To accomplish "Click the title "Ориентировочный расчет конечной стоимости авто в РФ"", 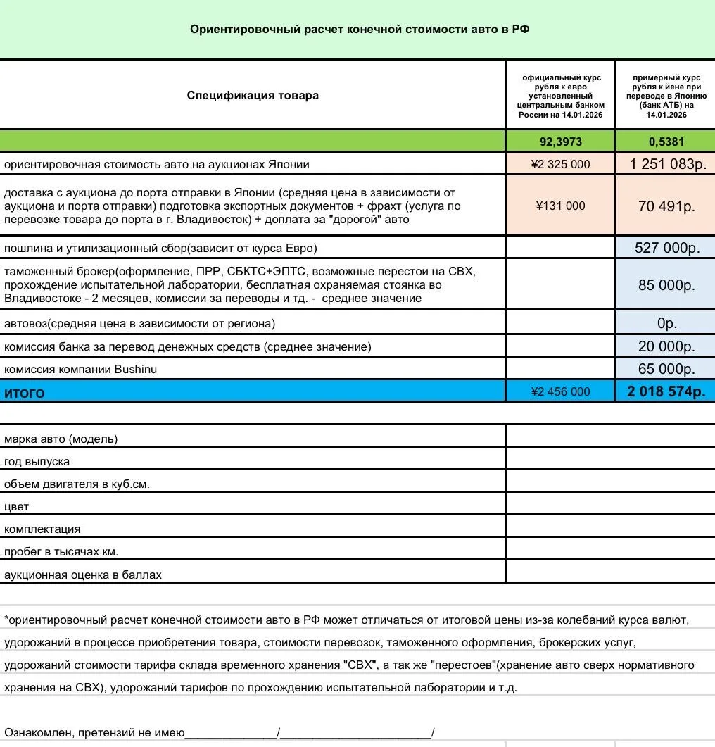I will [359, 30].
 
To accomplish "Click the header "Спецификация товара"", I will [253, 95].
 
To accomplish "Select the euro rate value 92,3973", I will [560, 142].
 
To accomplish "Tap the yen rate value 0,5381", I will [666, 142].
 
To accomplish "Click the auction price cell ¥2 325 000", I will [560, 164].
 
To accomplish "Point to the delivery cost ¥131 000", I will [560, 206].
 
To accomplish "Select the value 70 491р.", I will [666, 206].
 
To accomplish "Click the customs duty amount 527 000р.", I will [665, 248].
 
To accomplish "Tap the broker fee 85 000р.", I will [666, 285].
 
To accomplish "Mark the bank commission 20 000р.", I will [666, 346].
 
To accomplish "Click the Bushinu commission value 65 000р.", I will [666, 369].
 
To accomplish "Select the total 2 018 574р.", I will [666, 391].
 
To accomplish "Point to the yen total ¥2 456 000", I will [560, 391].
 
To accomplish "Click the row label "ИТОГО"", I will [25, 393].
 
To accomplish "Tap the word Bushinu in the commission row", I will [136, 369].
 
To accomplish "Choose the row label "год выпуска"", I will [37, 462].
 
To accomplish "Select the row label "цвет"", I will [16, 507].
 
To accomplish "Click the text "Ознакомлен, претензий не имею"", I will [94, 733].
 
